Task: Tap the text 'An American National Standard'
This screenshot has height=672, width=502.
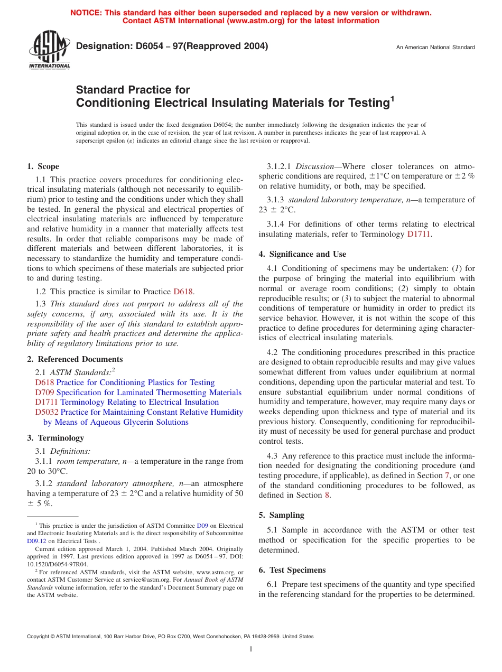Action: tap(435, 48)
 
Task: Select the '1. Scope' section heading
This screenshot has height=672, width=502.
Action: tap(43, 166)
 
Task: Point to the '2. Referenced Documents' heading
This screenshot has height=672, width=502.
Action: tap(75, 359)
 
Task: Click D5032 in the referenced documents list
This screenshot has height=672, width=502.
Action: tap(47, 412)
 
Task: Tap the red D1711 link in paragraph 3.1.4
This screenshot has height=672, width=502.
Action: tap(419, 234)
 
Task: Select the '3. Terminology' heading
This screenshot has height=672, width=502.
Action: tap(55, 438)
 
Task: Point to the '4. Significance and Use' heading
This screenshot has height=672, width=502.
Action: tap(302, 254)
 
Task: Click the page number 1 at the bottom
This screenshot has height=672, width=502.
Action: tap(251, 649)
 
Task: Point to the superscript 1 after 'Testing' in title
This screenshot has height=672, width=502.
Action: tap(392, 98)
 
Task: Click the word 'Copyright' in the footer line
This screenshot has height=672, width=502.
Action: tap(39, 637)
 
